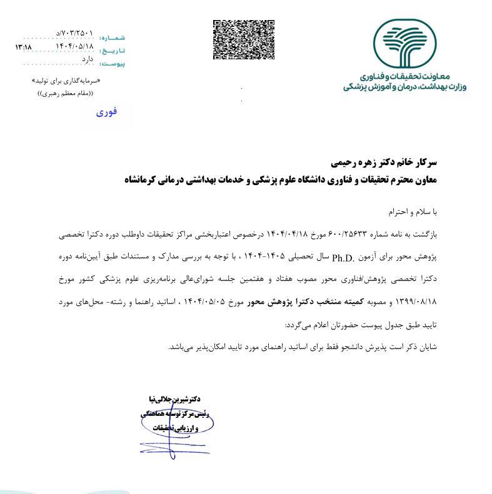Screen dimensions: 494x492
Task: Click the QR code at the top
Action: pyautogui.click(x=244, y=40)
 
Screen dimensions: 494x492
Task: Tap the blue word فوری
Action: pyautogui.click(x=106, y=113)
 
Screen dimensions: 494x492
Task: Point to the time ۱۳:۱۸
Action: pyautogui.click(x=23, y=47)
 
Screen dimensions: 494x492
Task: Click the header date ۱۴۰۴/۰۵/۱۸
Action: pyautogui.click(x=74, y=46)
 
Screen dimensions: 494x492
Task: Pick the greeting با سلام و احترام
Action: pyautogui.click(x=413, y=212)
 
